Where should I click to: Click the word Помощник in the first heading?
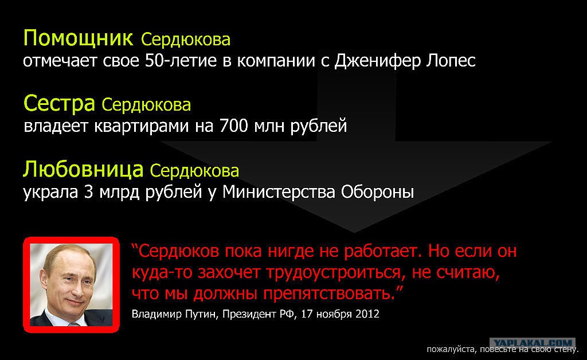click(x=78, y=38)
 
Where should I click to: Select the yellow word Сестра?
click(x=59, y=104)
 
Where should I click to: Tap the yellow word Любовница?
click(x=83, y=170)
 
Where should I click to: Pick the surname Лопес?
click(x=451, y=61)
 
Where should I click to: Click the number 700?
click(x=234, y=126)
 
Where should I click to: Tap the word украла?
click(x=50, y=193)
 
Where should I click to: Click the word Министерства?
click(x=279, y=193)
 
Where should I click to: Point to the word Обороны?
click(x=377, y=193)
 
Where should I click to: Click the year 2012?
click(x=367, y=314)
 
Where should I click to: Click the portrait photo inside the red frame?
click(x=71, y=285)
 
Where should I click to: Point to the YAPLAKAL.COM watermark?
click(x=533, y=343)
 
